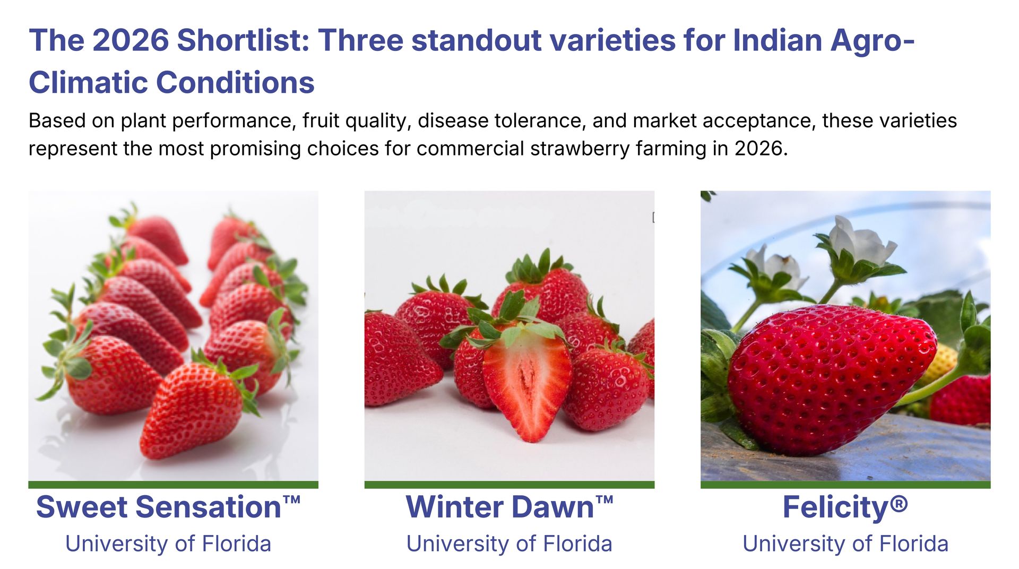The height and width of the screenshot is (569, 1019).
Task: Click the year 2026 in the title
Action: tap(131, 40)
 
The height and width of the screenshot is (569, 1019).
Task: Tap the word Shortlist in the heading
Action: tap(243, 40)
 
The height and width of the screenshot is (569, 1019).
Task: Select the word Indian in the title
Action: tap(776, 40)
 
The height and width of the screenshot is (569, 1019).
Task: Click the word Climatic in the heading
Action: tap(87, 83)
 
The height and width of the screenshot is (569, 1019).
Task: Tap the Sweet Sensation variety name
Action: tap(168, 507)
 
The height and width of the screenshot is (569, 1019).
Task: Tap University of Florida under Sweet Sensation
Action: tap(168, 544)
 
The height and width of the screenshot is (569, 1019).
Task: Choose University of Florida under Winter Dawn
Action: tap(509, 544)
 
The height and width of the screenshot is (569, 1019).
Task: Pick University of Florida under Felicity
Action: tap(845, 544)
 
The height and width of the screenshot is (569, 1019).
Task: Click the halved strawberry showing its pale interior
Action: tap(526, 382)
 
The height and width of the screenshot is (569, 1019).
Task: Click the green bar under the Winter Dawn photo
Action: tap(509, 485)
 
